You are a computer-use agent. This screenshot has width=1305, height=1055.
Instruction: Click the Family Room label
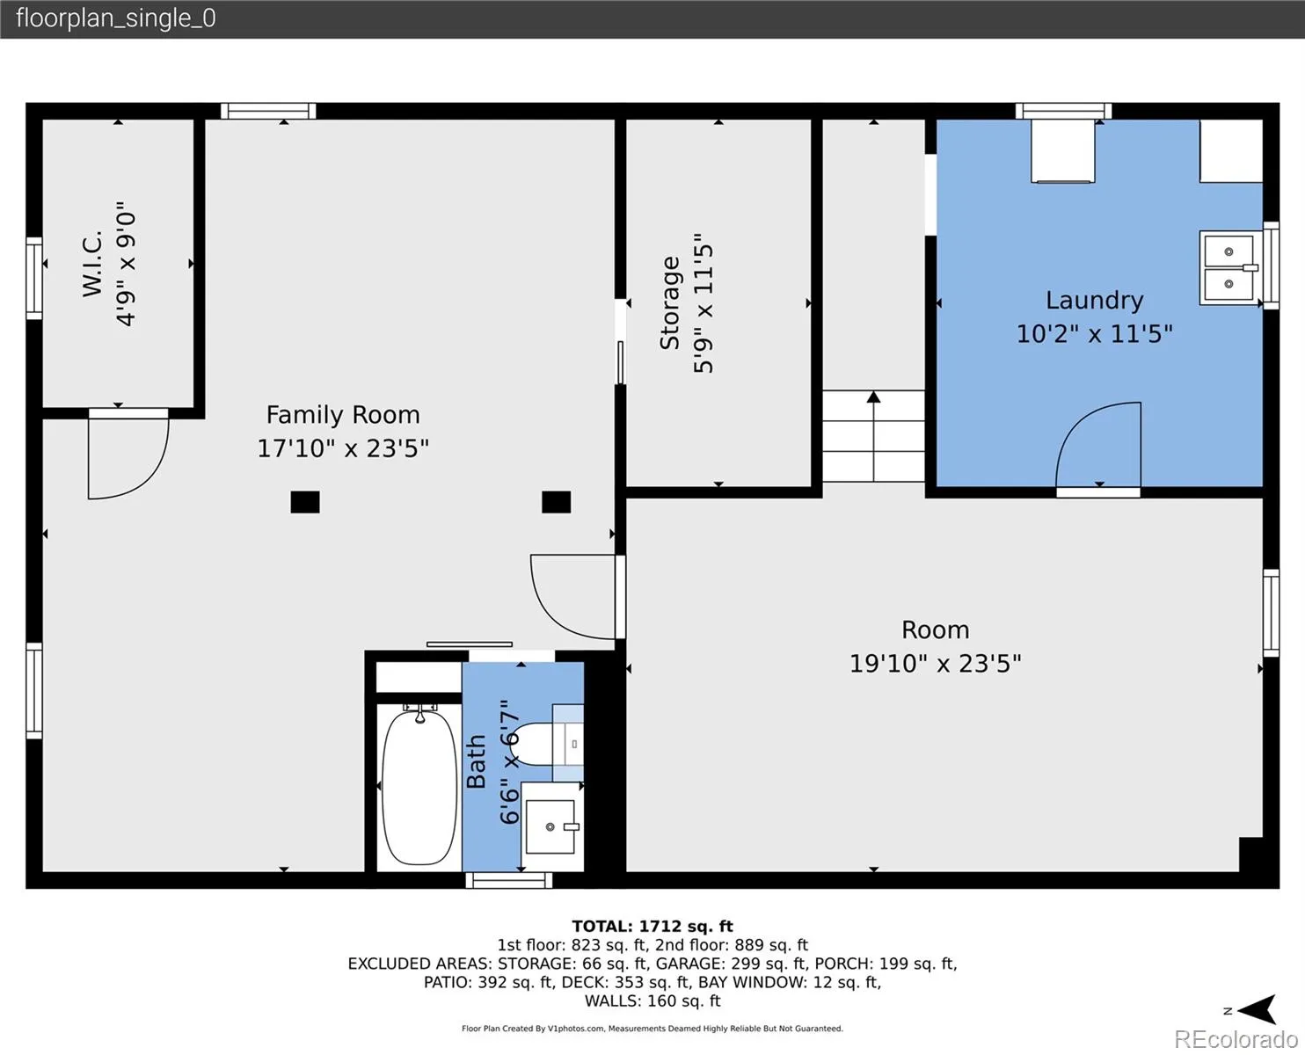(343, 415)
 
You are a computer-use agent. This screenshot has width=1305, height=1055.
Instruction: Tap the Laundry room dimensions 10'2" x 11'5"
(1094, 334)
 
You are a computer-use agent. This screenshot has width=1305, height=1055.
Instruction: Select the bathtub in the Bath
(419, 787)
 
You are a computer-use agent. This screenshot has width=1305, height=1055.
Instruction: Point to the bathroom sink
(550, 826)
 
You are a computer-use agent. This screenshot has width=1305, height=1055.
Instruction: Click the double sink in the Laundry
(1229, 268)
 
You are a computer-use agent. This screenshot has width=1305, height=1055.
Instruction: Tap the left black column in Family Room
(305, 502)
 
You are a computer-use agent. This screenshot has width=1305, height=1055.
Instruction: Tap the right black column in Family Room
(557, 502)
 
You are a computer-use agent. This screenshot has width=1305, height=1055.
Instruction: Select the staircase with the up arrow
(874, 436)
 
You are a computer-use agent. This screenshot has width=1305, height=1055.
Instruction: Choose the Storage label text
(670, 303)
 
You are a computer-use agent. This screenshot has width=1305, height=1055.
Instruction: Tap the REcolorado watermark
(1236, 1039)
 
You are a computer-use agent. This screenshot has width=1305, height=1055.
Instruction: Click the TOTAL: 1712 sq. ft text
(652, 926)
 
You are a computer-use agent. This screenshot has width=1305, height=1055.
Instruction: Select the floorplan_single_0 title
(116, 18)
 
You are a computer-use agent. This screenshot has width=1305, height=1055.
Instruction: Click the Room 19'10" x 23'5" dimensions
(935, 664)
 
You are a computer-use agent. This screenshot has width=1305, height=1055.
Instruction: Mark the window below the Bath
(509, 880)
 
